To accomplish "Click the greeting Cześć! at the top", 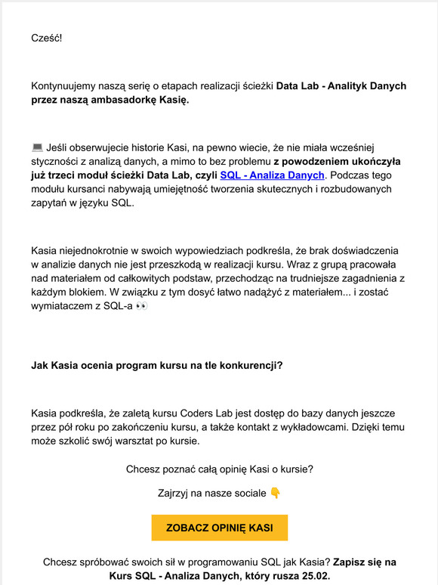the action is click(47, 36).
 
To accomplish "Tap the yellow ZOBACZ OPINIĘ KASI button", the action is click(219, 527).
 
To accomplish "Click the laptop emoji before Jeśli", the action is click(38, 147).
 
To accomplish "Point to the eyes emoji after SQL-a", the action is click(142, 308).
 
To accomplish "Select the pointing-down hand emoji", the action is click(276, 494).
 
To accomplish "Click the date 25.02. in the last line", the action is click(312, 576).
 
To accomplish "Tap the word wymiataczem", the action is click(66, 308).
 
